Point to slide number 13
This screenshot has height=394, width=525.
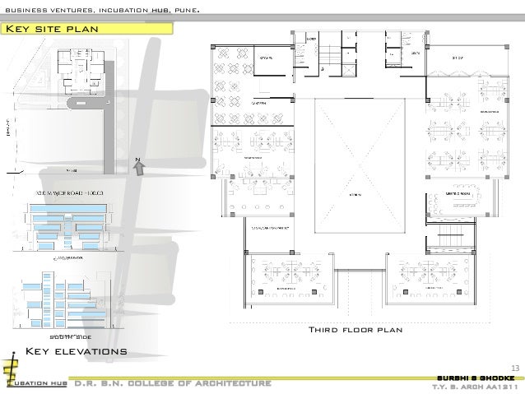point(516,367)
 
